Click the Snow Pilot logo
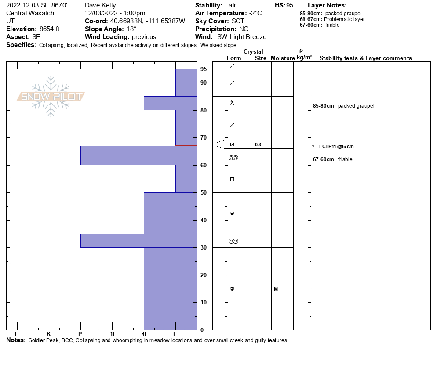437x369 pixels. click(x=51, y=97)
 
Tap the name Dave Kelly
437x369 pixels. click(x=100, y=5)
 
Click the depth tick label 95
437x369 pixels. click(x=204, y=69)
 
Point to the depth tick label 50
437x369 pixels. click(x=204, y=192)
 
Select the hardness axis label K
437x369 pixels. click(x=48, y=334)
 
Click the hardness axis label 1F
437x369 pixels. click(x=113, y=334)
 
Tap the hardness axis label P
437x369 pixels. click(x=80, y=334)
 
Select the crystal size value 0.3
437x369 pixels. click(x=258, y=145)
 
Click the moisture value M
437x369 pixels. click(x=276, y=289)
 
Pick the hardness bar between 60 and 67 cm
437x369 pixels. click(x=138, y=156)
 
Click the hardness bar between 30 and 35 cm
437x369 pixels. click(x=138, y=241)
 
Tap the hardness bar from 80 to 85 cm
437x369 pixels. click(x=170, y=103)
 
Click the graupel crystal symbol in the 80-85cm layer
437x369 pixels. click(x=232, y=103)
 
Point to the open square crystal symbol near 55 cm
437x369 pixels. click(x=232, y=179)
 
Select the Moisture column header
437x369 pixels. click(x=283, y=58)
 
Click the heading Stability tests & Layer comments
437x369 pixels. click(x=365, y=58)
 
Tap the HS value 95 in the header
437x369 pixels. click(x=290, y=5)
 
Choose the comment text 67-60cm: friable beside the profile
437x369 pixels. click(x=332, y=159)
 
